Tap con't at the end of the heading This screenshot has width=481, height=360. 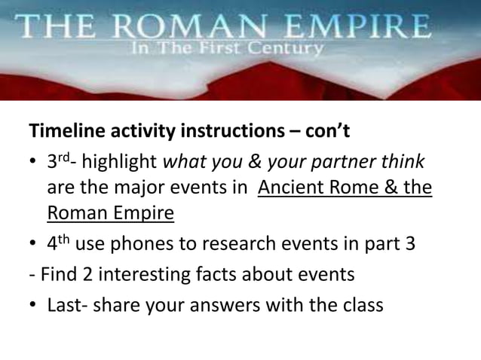point(326,133)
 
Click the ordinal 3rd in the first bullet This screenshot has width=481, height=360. point(59,161)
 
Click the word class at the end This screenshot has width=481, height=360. point(362,306)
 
